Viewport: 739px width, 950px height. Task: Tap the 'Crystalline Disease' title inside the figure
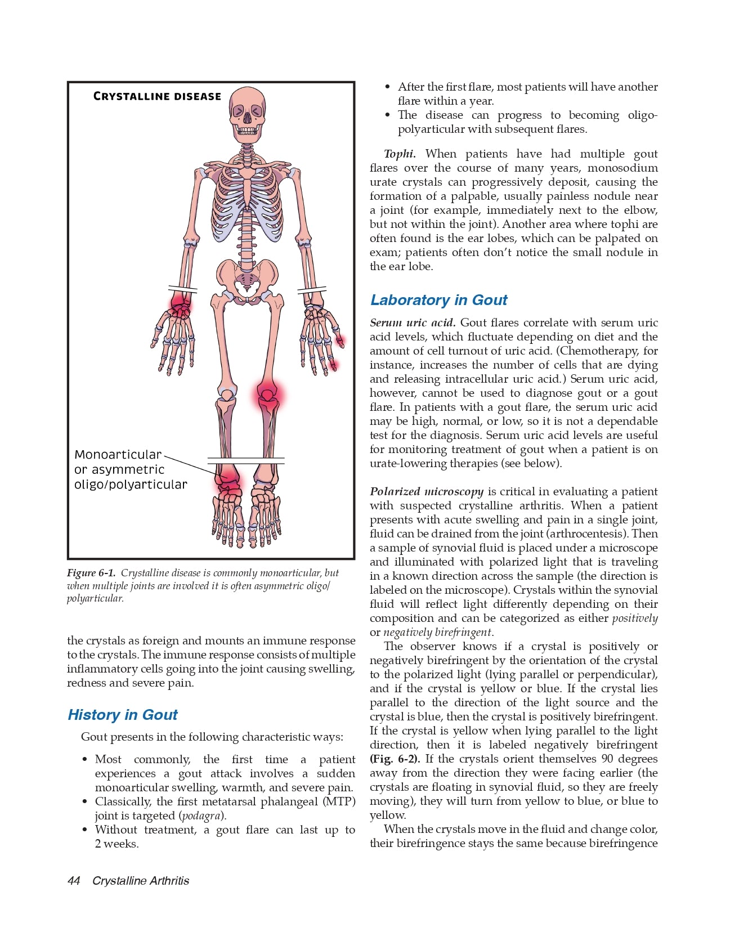tap(157, 96)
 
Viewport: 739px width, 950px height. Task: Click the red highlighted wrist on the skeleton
tap(180, 305)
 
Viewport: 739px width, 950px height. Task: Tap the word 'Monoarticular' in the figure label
tap(118, 455)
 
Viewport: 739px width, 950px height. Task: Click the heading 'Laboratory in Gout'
tap(438, 300)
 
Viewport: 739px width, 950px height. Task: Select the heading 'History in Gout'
tap(122, 715)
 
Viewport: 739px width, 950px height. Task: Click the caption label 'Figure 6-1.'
tap(91, 573)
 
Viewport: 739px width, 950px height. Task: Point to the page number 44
tap(74, 881)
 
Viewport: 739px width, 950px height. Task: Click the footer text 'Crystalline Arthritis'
tap(141, 881)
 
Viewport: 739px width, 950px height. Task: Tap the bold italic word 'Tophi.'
tap(400, 154)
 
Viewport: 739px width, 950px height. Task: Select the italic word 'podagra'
tap(201, 815)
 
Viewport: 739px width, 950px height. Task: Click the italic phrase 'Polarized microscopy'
tap(427, 491)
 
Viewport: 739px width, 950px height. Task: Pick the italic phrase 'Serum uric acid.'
tap(413, 322)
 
